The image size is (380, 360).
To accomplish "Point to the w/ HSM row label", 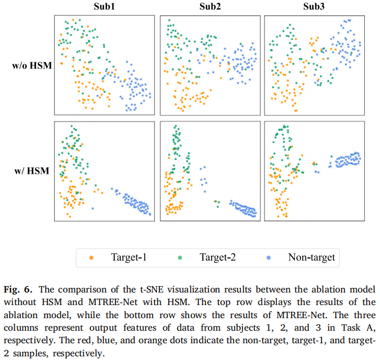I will (x=34, y=171).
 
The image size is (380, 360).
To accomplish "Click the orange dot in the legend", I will (x=92, y=257).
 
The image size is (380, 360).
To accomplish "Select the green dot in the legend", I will (x=180, y=257).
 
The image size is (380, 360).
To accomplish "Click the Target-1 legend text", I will (x=129, y=257).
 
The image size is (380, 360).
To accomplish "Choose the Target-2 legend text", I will (x=218, y=257).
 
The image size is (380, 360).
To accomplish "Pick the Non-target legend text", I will (x=312, y=257).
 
